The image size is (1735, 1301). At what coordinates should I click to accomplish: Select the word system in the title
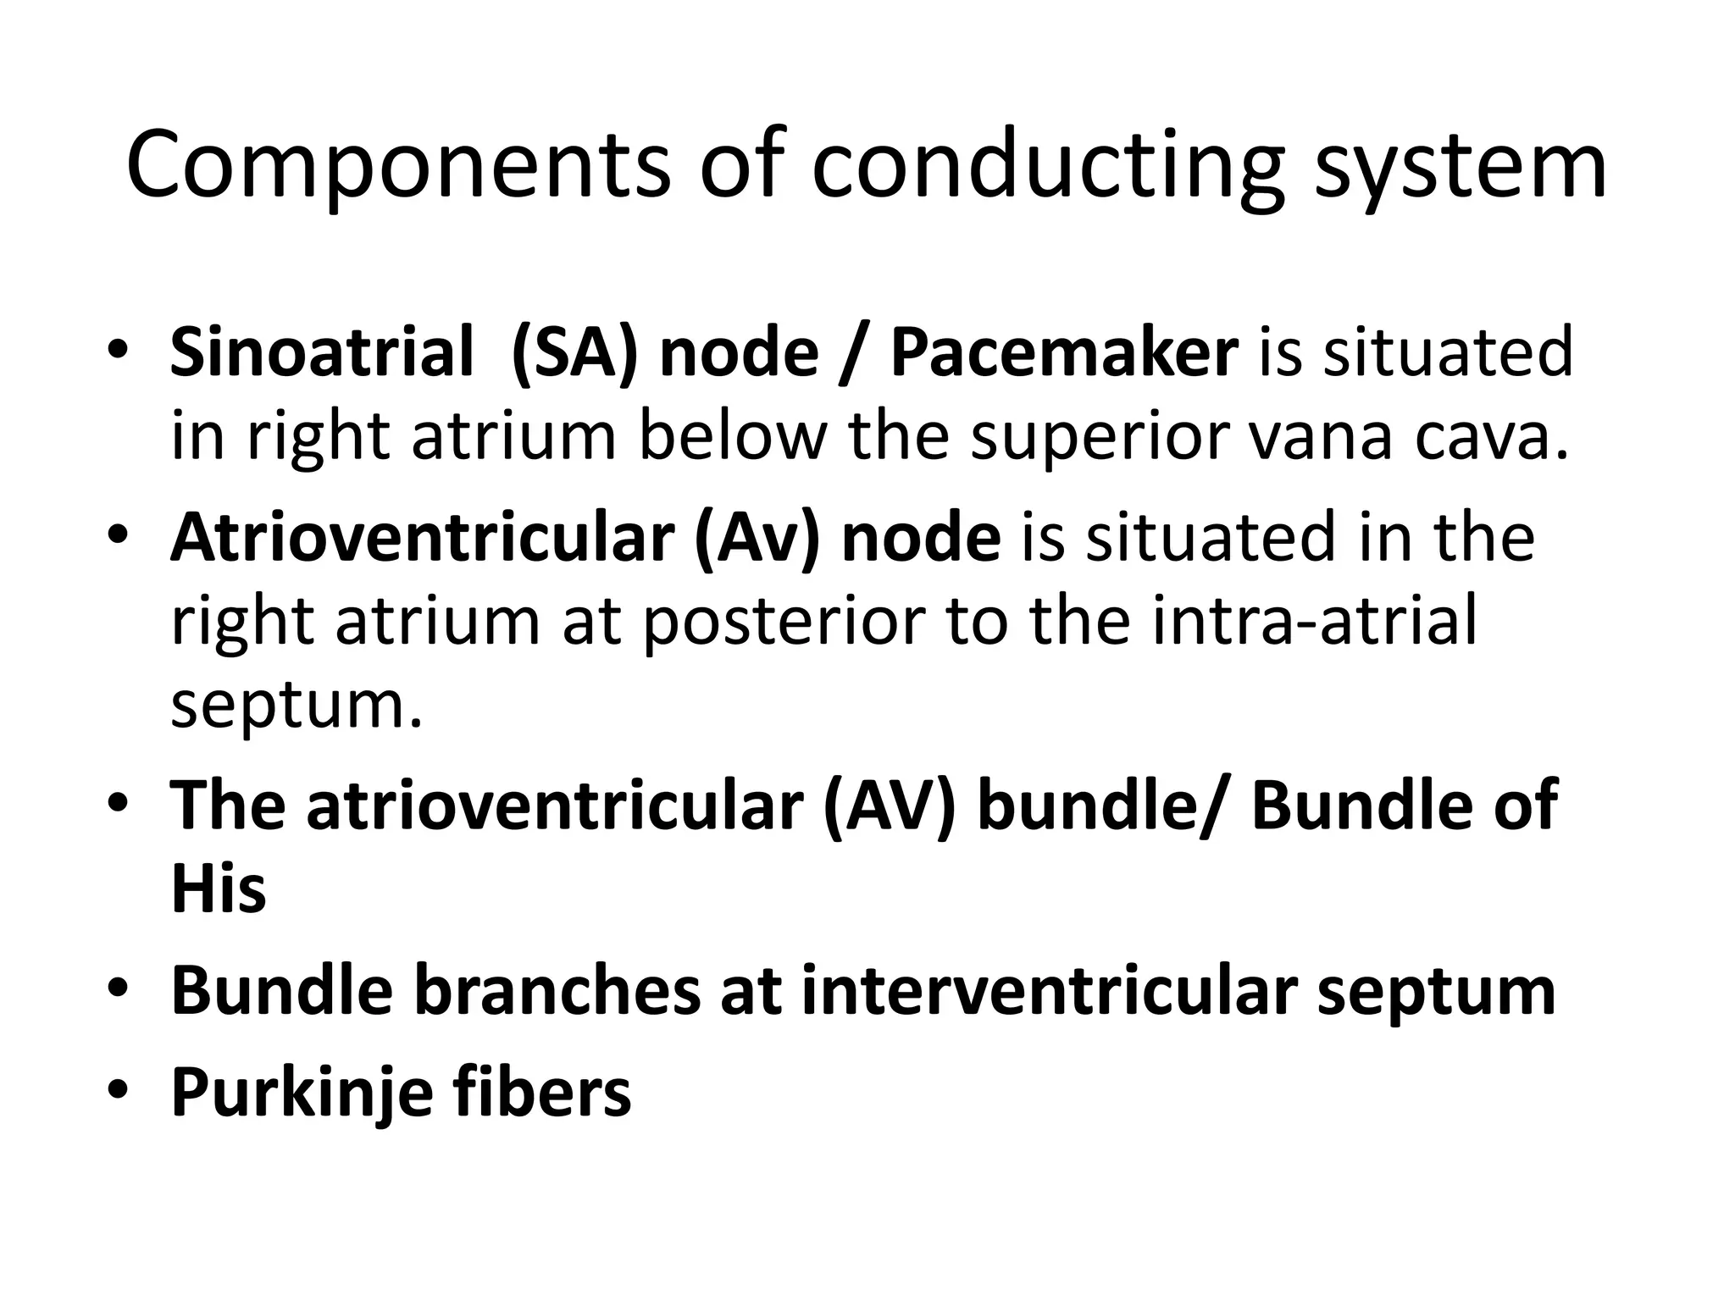click(1460, 165)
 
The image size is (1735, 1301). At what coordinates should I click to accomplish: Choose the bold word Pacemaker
click(1064, 352)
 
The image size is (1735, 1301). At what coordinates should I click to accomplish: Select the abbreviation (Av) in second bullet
click(757, 538)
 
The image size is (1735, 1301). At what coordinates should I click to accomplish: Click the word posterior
click(782, 623)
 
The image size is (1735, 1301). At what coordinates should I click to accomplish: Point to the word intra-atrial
click(1314, 623)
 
